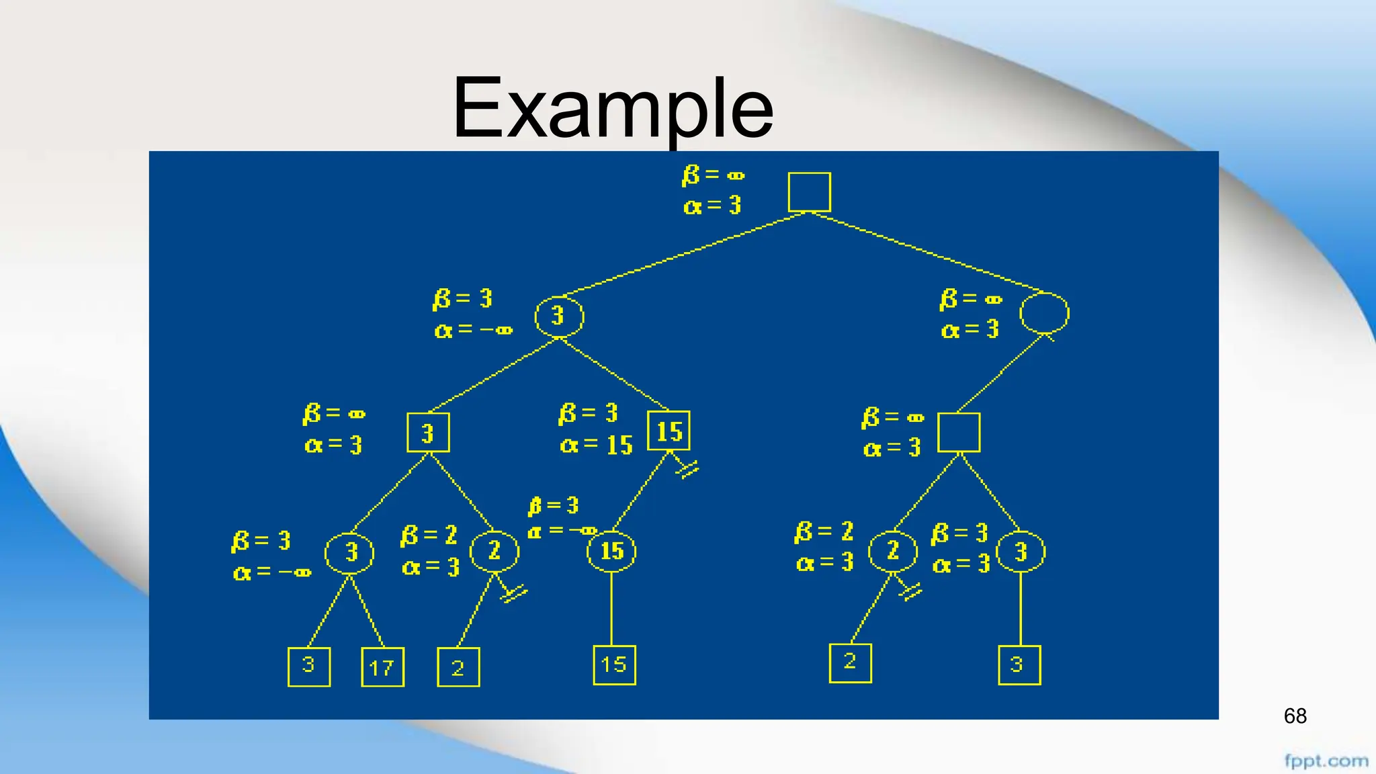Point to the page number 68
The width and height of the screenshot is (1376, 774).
pyautogui.click(x=1295, y=716)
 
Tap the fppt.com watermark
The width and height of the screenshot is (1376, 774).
pyautogui.click(x=1326, y=761)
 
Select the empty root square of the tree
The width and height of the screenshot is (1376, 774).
pyautogui.click(x=809, y=192)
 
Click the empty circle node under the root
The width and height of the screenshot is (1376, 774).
pyautogui.click(x=1043, y=313)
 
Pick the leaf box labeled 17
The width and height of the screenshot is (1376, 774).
pyautogui.click(x=382, y=667)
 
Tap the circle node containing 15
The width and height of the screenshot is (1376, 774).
pyautogui.click(x=611, y=552)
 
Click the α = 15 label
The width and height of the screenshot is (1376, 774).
pyautogui.click(x=597, y=445)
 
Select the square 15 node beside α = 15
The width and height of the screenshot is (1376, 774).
pyautogui.click(x=669, y=431)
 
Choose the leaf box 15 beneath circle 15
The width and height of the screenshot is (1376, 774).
pyautogui.click(x=614, y=665)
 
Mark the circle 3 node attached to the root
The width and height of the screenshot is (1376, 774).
pyautogui.click(x=559, y=316)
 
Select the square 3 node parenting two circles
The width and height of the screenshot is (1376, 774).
pyautogui.click(x=428, y=433)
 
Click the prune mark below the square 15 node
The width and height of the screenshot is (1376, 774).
pyautogui.click(x=687, y=469)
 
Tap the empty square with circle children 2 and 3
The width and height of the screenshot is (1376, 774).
pyautogui.click(x=959, y=433)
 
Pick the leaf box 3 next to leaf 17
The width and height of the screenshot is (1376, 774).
pyautogui.click(x=308, y=666)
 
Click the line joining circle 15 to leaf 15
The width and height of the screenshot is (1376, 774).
pyautogui.click(x=611, y=609)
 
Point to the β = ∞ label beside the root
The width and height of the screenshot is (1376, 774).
pyautogui.click(x=713, y=175)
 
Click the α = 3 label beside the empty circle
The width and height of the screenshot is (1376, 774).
pyautogui.click(x=970, y=330)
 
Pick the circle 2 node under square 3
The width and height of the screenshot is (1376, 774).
pyautogui.click(x=494, y=552)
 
